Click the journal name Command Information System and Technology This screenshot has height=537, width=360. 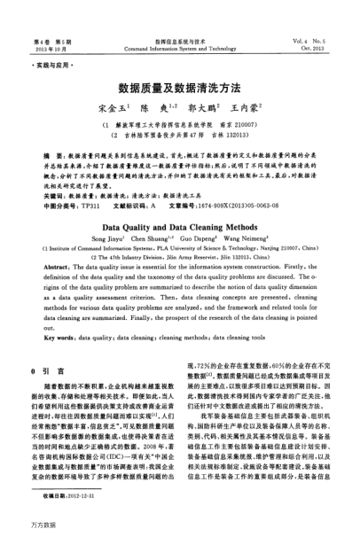click(180, 49)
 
